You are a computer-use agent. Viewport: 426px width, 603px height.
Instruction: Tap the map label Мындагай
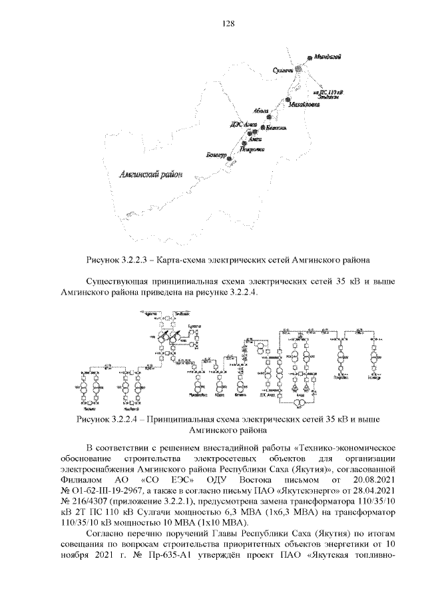[328, 57]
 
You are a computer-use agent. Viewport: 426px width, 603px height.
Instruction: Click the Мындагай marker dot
[308, 58]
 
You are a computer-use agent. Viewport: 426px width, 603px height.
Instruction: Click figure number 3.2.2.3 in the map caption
[146, 259]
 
